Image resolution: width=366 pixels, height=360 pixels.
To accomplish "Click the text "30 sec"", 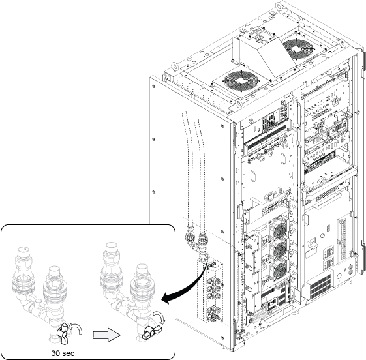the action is [63, 353].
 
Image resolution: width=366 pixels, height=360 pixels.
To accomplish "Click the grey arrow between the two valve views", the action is [107, 335].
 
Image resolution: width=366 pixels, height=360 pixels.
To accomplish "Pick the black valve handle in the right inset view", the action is [151, 332].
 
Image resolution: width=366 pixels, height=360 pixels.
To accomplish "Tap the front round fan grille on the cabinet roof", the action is [241, 81].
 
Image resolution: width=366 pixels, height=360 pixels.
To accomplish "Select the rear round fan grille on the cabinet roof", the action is [296, 50].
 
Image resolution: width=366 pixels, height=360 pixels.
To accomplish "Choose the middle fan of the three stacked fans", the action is [279, 250].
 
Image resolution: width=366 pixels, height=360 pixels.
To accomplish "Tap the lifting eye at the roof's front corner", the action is [238, 103].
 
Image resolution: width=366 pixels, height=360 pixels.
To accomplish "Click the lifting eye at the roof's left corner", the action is [175, 66].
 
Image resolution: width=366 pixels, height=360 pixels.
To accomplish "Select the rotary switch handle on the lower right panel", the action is [312, 245].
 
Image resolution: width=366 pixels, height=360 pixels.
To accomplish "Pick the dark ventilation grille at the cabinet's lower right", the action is [322, 287].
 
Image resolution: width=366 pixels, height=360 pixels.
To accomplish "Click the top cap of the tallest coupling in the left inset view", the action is [23, 250].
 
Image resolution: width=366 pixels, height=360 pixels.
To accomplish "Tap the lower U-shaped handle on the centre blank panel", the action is [253, 175].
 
